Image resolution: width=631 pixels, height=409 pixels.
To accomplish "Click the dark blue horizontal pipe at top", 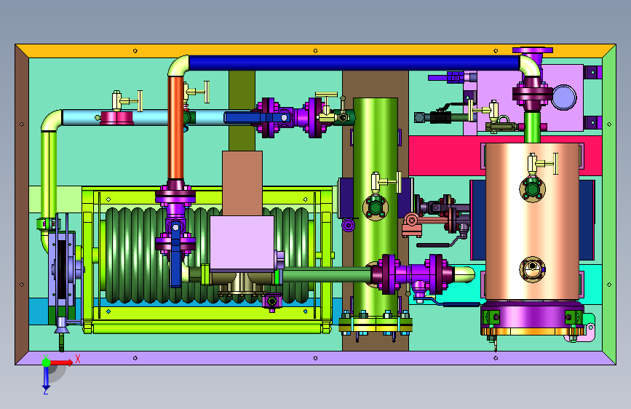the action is [354, 63].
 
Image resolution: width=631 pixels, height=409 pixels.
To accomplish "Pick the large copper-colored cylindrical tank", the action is [532, 221].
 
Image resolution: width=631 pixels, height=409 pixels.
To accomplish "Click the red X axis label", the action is [78, 359].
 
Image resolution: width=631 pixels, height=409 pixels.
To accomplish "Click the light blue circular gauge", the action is [564, 98].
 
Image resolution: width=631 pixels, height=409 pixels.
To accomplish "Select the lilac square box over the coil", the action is [242, 243].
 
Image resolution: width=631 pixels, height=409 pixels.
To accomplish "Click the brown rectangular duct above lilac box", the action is [242, 183].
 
